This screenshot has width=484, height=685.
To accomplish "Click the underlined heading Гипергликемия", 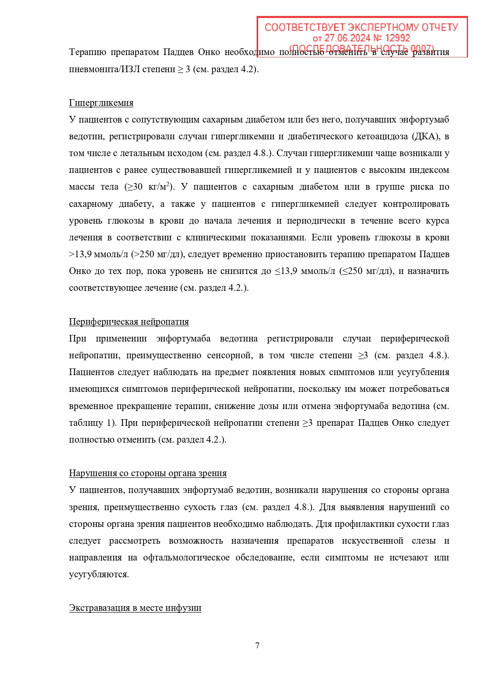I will pyautogui.click(x=101, y=103).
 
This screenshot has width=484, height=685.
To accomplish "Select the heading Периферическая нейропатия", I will pyautogui.click(x=129, y=322).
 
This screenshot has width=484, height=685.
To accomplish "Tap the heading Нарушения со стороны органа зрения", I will pyautogui.click(x=147, y=473).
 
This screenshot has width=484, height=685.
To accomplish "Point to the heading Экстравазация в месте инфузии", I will pyautogui.click(x=135, y=608).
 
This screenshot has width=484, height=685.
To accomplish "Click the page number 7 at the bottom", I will pyautogui.click(x=257, y=646).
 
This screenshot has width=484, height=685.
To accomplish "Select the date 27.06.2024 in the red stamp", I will pyautogui.click(x=347, y=38).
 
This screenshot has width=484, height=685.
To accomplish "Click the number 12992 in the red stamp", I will pyautogui.click(x=397, y=38).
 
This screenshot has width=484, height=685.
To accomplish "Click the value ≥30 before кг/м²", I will pyautogui.click(x=133, y=187).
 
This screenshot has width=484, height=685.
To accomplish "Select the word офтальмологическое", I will pyautogui.click(x=186, y=557).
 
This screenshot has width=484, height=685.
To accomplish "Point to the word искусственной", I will pyautogui.click(x=372, y=541).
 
